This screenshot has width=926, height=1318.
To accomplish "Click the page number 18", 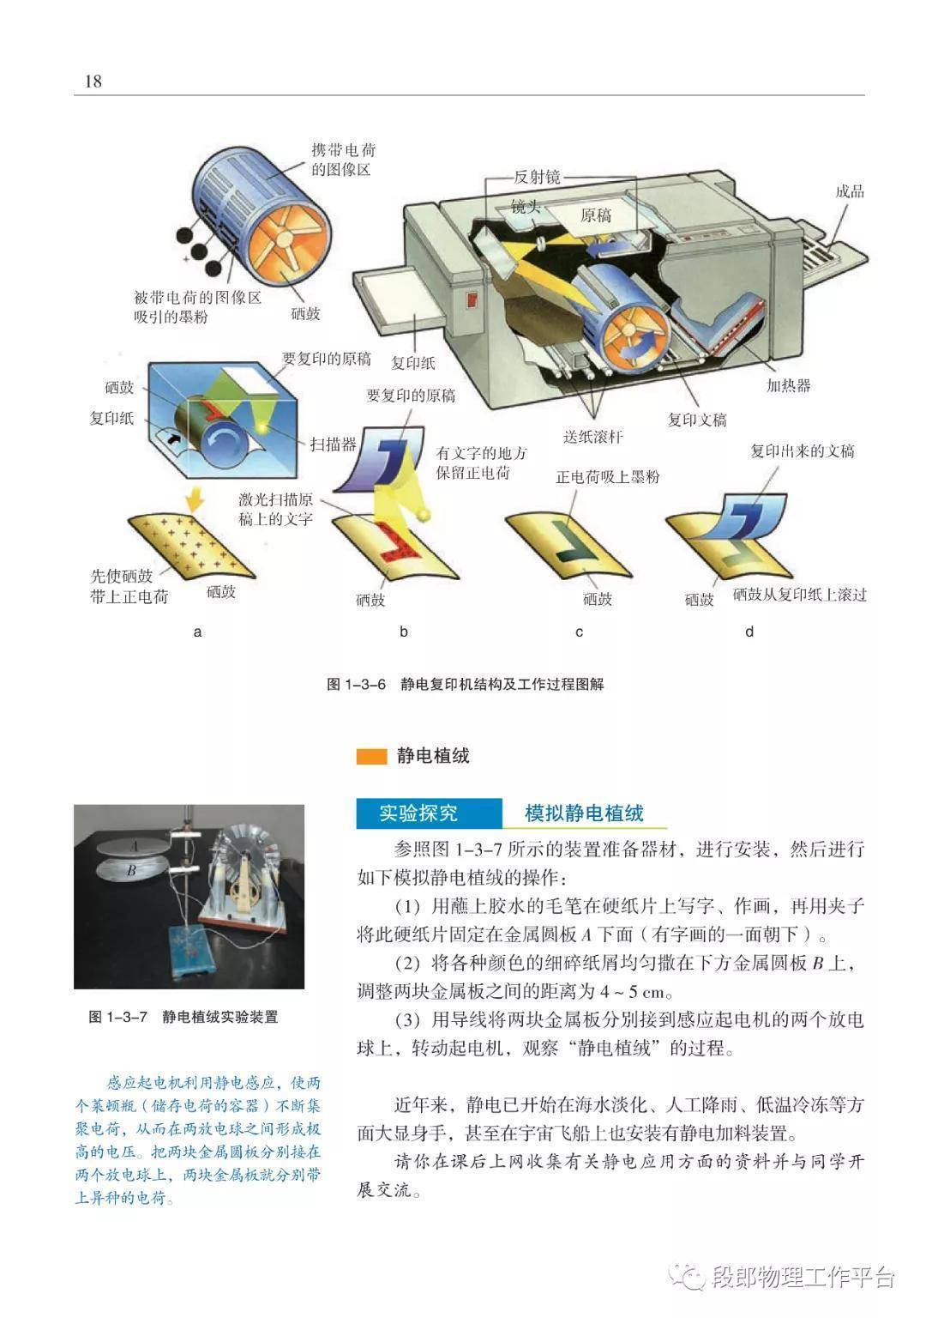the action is pyautogui.click(x=93, y=81).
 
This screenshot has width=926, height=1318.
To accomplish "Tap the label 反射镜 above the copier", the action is pyautogui.click(x=537, y=177).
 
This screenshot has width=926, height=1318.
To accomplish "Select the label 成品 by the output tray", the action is pyautogui.click(x=850, y=191).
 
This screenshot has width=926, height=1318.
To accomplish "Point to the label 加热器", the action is pyautogui.click(x=789, y=385).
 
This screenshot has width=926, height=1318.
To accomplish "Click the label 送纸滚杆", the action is pyautogui.click(x=592, y=437).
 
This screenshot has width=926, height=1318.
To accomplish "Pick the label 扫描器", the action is pyautogui.click(x=334, y=444).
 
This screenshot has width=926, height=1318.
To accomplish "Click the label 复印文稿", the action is pyautogui.click(x=697, y=420).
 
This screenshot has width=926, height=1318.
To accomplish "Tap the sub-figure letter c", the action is pyautogui.click(x=579, y=632).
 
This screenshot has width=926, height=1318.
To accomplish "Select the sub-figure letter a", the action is pyautogui.click(x=197, y=632).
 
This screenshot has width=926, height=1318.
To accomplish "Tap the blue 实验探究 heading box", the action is pyautogui.click(x=430, y=813).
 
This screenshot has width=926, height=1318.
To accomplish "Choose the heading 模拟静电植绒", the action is pyautogui.click(x=584, y=813).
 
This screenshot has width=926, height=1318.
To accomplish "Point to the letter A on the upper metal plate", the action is pyautogui.click(x=134, y=846).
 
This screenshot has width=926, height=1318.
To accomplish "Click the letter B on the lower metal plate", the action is pyautogui.click(x=131, y=870).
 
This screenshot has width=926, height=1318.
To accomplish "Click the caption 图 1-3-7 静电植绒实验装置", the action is pyautogui.click(x=183, y=1017).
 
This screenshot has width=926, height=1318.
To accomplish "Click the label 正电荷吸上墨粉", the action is pyautogui.click(x=607, y=476).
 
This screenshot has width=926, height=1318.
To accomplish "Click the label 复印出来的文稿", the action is pyautogui.click(x=802, y=451).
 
